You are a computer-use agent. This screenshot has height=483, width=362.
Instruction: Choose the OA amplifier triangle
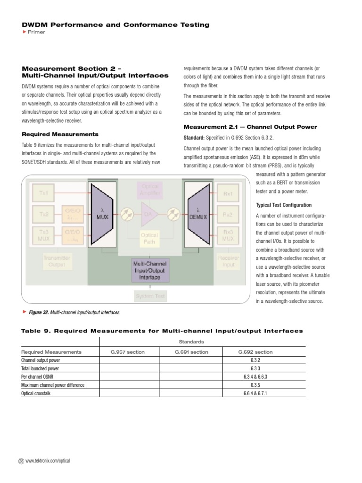148,214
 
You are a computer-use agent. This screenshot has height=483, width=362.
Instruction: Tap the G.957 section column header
128,352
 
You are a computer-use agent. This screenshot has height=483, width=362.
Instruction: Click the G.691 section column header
191,352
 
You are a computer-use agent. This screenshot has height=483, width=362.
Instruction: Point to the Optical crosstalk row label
36,393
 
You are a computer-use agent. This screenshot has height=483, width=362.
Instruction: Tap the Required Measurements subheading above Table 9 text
60,134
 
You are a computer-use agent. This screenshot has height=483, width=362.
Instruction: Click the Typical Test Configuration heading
283,205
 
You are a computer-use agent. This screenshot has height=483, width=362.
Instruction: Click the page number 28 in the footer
21,461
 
